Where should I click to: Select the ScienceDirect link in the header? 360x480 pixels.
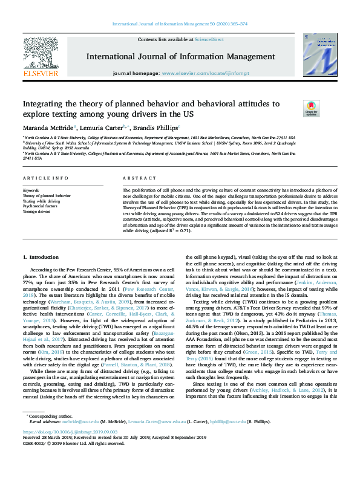(x=209, y=39)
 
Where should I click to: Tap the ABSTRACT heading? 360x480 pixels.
(x=136, y=178)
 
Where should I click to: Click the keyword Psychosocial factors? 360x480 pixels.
(x=40, y=206)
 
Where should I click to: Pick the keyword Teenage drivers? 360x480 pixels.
(x=37, y=211)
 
